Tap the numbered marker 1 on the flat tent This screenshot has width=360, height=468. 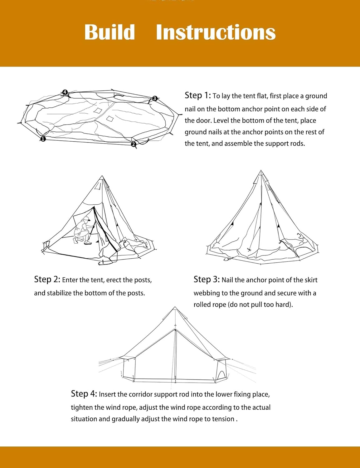pyautogui.click(x=43, y=139)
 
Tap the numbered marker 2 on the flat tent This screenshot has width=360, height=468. pyautogui.click(x=134, y=144)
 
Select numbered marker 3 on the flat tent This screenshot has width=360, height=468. pyautogui.click(x=154, y=99)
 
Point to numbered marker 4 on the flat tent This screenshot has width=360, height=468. pyautogui.click(x=65, y=92)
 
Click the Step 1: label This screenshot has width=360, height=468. pyautogui.click(x=198, y=95)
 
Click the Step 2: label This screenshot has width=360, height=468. pyautogui.click(x=47, y=279)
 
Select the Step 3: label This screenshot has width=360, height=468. pyautogui.click(x=207, y=279)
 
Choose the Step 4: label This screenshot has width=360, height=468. pyautogui.click(x=84, y=393)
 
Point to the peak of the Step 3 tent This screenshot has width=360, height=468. pyautogui.click(x=261, y=171)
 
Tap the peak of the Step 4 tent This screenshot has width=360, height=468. pyautogui.click(x=175, y=308)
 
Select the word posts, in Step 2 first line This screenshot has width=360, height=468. pyautogui.click(x=143, y=280)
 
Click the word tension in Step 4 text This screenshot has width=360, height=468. pyautogui.click(x=223, y=419)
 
